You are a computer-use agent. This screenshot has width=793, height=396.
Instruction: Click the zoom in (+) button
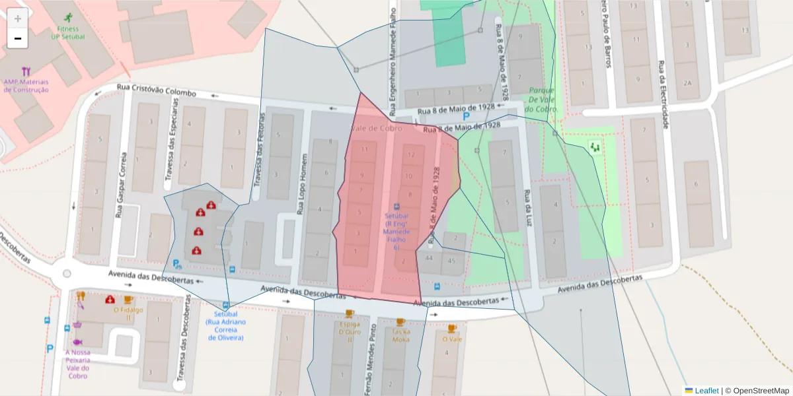pyautogui.click(x=18, y=18)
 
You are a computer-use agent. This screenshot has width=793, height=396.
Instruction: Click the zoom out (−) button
pyautogui.click(x=18, y=39)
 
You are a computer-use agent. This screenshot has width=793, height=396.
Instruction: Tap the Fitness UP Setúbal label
pyautogui.click(x=67, y=32)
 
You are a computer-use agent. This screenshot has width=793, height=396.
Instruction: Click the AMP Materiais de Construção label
pyautogui.click(x=26, y=86)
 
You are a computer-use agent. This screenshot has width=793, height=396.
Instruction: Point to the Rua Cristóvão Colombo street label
pyautogui.click(x=156, y=90)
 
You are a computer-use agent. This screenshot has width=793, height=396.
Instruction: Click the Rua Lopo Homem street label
pyautogui.click(x=303, y=185)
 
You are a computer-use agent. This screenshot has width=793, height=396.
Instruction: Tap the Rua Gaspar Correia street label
pyautogui.click(x=120, y=186)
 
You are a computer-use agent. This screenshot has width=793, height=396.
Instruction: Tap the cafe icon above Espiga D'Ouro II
pyautogui.click(x=349, y=313)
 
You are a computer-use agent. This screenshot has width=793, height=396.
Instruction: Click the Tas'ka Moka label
pyautogui.click(x=400, y=335)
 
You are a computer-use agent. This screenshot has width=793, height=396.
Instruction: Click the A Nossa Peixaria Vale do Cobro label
pyautogui.click(x=77, y=364)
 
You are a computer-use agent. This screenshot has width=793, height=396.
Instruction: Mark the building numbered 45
pyautogui.click(x=452, y=260)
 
